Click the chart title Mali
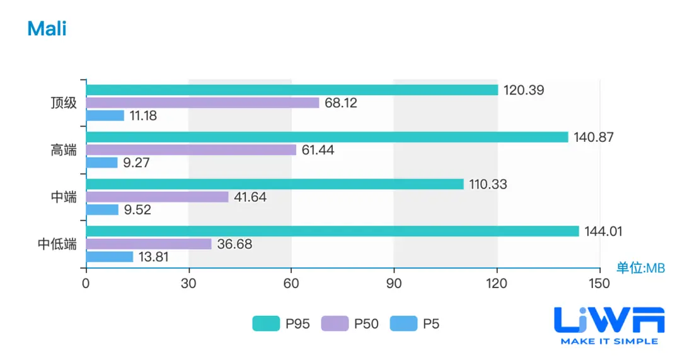click(x=47, y=28)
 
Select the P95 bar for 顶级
click(x=292, y=90)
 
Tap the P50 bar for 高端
click(x=191, y=150)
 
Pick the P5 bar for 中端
click(x=102, y=209)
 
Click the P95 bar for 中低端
click(x=332, y=231)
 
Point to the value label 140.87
click(x=594, y=137)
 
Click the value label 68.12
click(x=341, y=103)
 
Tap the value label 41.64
click(x=250, y=197)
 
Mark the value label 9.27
click(x=137, y=163)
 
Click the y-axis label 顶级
click(x=64, y=103)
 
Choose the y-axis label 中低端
click(x=57, y=244)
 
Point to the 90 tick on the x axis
click(x=394, y=284)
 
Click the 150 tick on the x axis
click(x=599, y=284)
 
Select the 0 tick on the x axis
click(x=86, y=284)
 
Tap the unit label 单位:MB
click(x=640, y=269)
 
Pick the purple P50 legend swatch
click(x=334, y=324)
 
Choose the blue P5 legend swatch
click(x=403, y=324)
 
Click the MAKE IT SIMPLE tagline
click(x=609, y=341)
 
